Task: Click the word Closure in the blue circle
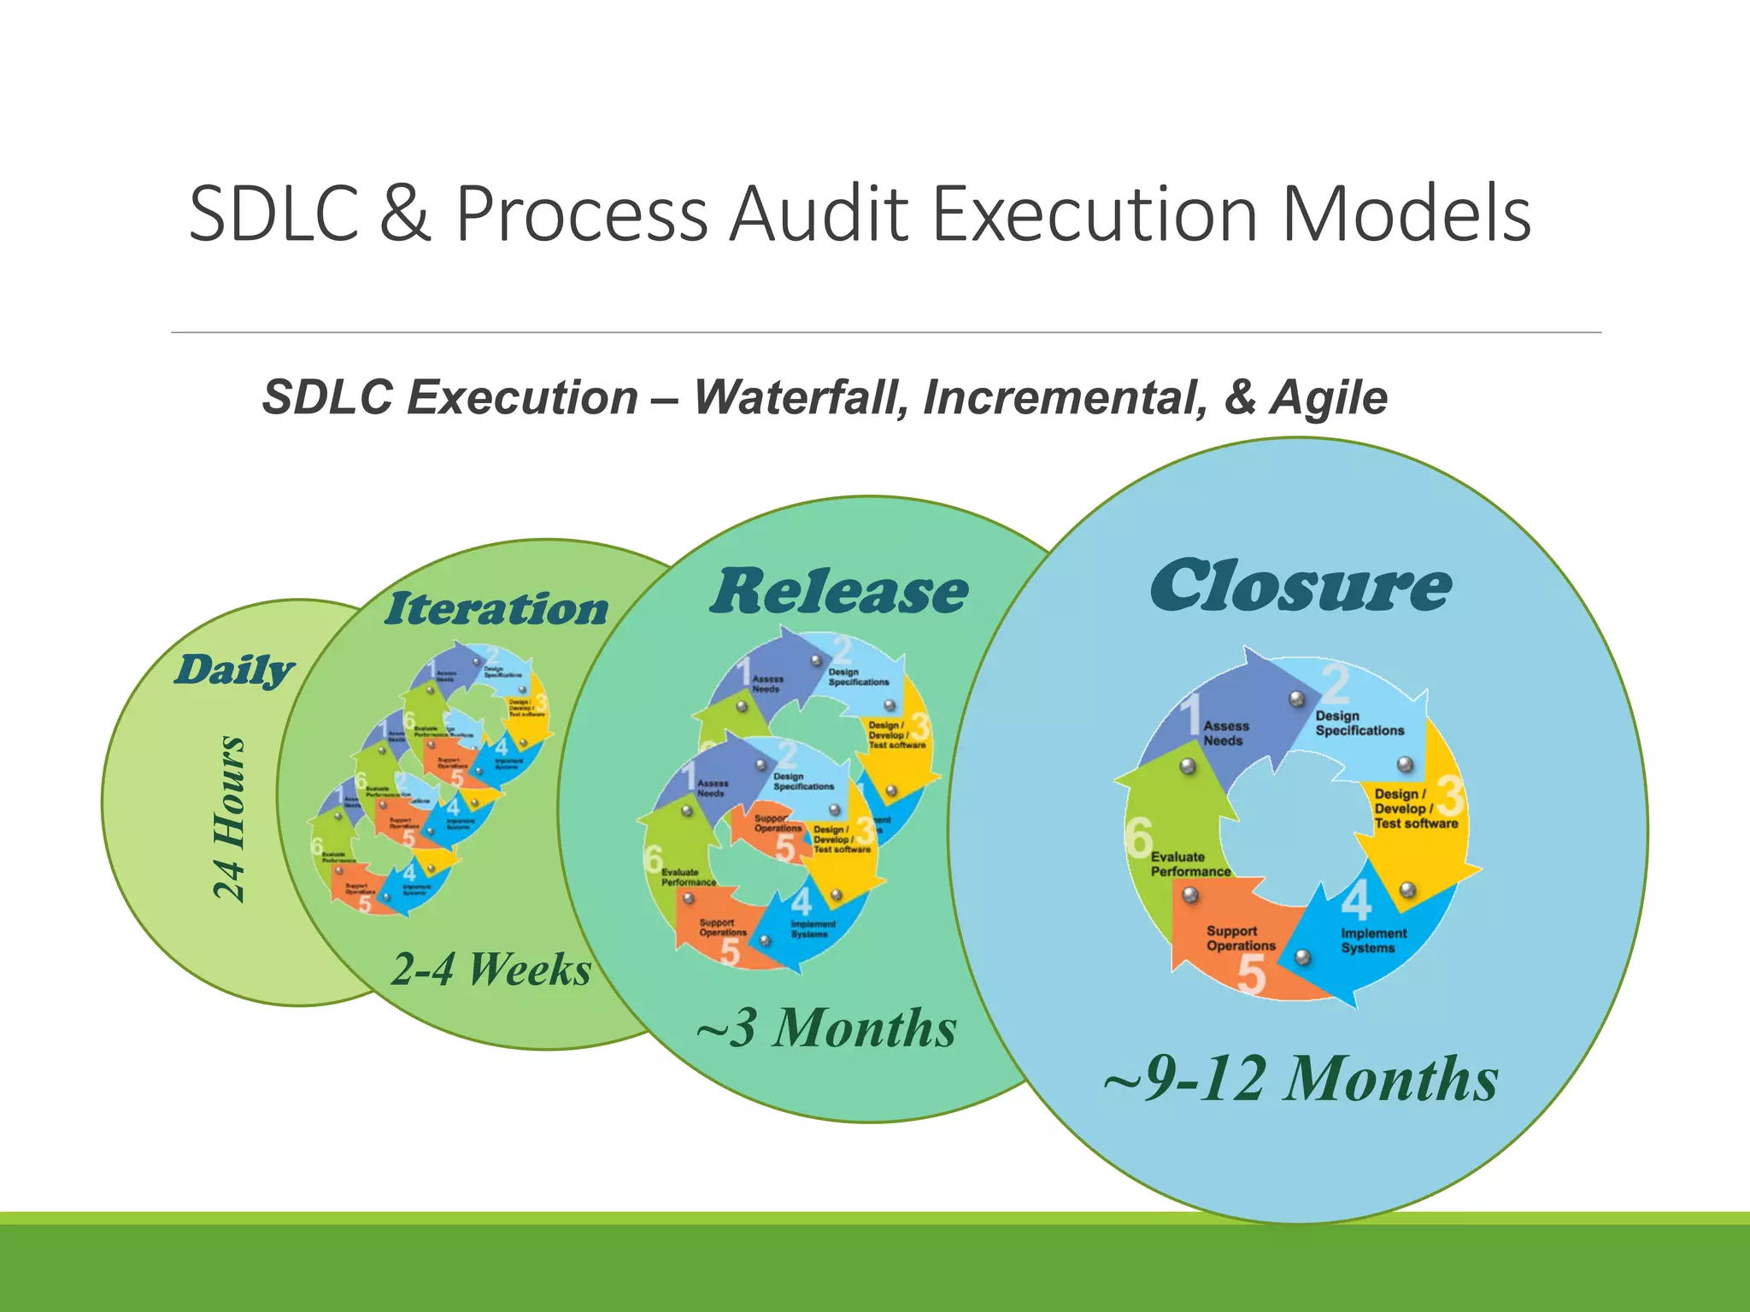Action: pos(1300,587)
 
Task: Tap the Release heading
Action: pos(838,592)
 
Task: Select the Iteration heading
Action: pos(496,608)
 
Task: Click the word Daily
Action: pos(234,671)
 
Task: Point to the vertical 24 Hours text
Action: pos(229,817)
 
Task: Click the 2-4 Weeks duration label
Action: pos(491,969)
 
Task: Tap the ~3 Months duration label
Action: pos(826,1028)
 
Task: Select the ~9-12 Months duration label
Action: pos(1300,1079)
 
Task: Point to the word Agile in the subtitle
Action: pos(1329,398)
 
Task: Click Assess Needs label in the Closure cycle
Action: pos(1225,733)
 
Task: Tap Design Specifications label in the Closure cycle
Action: pos(1359,723)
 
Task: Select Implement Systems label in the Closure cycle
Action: pos(1372,940)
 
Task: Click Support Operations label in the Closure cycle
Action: pos(1240,938)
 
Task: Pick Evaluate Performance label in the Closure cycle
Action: pos(1189,864)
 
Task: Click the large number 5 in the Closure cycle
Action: pos(1251,975)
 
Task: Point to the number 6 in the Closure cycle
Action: pos(1138,836)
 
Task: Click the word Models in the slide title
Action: pos(1406,214)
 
